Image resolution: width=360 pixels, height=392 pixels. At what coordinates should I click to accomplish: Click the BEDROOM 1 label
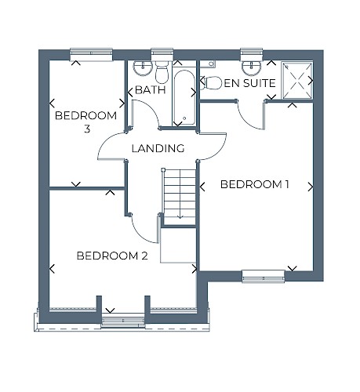[x=254, y=184]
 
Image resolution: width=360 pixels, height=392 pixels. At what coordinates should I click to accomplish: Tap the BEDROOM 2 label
[x=112, y=256]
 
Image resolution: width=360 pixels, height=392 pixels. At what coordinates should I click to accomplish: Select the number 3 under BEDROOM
[x=87, y=129]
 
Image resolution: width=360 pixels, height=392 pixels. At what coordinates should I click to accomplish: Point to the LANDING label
[x=158, y=148]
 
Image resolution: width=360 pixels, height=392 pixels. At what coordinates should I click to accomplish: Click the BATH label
[x=151, y=90]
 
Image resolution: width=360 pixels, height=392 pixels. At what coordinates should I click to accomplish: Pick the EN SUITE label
[x=250, y=83]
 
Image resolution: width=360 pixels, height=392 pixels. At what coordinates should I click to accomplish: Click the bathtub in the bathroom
[x=184, y=97]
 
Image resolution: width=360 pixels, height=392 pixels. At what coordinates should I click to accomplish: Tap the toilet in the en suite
[x=211, y=83]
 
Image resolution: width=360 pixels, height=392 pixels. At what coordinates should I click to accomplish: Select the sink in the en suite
[x=252, y=67]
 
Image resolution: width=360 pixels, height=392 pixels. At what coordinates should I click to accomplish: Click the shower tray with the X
[x=297, y=80]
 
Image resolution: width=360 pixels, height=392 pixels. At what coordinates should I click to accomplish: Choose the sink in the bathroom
[x=143, y=68]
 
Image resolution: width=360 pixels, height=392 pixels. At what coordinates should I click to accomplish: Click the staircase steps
[x=180, y=194]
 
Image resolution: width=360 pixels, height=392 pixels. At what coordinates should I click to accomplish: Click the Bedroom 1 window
[x=263, y=277]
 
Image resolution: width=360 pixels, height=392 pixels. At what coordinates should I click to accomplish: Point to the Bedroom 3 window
[x=91, y=55]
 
